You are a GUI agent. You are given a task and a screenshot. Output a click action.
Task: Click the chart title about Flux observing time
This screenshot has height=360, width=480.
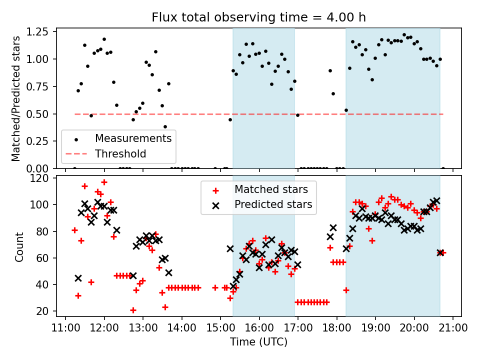coord(258,17)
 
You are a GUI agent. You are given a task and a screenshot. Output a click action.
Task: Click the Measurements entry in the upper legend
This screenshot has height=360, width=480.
coord(133,138)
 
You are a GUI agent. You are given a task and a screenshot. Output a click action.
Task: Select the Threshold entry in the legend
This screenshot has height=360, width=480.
coord(120,154)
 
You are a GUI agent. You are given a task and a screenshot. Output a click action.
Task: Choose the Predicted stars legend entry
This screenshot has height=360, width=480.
coord(273,204)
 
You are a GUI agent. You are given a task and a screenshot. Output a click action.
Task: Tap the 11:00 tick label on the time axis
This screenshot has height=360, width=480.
coord(66,328)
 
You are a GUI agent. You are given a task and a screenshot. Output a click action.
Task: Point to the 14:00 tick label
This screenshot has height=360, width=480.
coord(182,328)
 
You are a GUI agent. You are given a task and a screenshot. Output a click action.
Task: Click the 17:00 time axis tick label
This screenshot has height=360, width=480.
coord(298,328)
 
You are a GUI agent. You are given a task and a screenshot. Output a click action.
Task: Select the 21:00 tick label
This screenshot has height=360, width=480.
coord(452,328)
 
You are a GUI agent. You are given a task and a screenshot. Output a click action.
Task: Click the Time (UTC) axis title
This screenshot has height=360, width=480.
coord(258,342)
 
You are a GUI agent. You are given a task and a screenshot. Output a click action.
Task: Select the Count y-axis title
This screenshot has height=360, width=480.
coord(19,247)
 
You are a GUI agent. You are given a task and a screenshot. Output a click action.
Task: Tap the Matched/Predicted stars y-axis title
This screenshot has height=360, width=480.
coord(16,98)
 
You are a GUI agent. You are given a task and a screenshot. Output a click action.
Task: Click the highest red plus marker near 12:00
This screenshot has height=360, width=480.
coord(104,182)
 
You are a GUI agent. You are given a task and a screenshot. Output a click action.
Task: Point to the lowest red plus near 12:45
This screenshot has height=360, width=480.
coord(133,310)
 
